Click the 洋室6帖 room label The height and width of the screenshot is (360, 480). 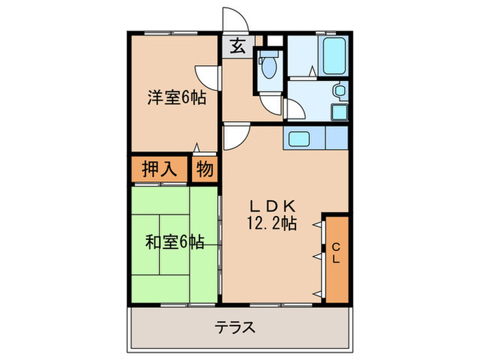tap(176, 97)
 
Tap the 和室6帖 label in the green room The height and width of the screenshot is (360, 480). tap(174, 243)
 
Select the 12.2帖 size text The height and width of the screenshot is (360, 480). tap(272, 223)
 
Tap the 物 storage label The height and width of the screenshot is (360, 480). tap(204, 168)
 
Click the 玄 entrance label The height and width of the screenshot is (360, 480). tap(237, 47)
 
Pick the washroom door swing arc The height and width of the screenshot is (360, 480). tap(296, 110)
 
